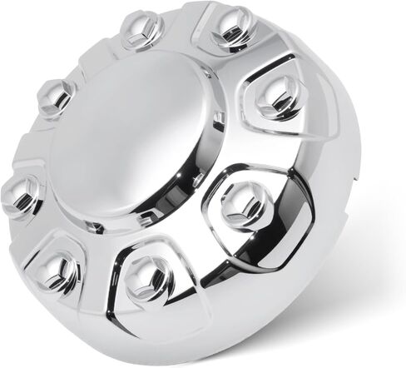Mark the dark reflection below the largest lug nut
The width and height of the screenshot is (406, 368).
(250, 250)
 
